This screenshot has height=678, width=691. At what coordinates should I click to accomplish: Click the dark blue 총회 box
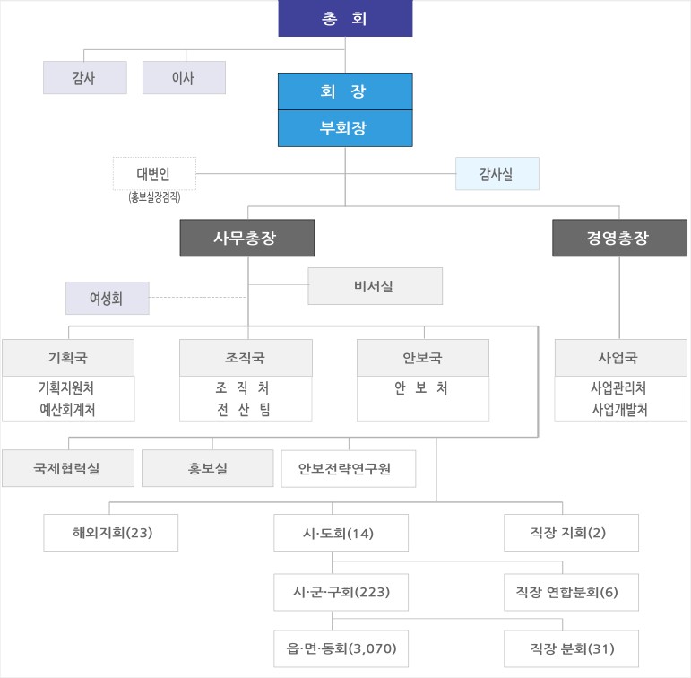(345, 18)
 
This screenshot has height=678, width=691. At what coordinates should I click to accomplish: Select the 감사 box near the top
(85, 78)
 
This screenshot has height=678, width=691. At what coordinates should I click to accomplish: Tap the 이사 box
(184, 78)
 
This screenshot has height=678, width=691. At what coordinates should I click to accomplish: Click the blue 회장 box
(345, 91)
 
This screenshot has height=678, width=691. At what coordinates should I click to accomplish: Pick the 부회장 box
(345, 128)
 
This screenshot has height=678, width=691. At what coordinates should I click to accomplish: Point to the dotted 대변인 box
(154, 174)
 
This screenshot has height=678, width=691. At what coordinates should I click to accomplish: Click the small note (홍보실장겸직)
(154, 196)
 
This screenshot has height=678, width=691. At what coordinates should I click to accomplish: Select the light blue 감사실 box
(497, 174)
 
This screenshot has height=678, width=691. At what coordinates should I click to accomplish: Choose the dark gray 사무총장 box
(247, 238)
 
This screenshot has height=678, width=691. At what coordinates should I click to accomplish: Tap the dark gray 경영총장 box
(619, 238)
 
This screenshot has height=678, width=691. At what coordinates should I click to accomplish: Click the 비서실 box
(375, 286)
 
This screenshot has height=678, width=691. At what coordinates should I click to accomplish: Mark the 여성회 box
(108, 299)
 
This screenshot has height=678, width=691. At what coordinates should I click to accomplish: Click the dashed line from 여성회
(198, 298)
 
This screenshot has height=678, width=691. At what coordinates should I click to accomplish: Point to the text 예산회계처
(67, 409)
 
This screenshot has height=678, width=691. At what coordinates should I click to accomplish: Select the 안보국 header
(423, 358)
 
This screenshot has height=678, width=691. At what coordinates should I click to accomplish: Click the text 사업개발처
(619, 409)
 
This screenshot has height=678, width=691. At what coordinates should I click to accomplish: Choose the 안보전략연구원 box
(348, 468)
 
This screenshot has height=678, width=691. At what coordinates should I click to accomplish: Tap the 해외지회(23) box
(110, 533)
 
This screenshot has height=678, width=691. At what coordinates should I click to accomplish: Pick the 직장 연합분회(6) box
(571, 592)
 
